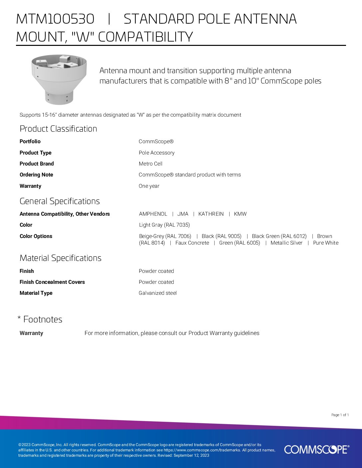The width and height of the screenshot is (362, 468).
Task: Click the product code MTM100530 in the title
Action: tap(55, 19)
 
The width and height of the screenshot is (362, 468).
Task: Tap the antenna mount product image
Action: tap(59, 79)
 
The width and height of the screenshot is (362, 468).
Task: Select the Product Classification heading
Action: tap(58, 129)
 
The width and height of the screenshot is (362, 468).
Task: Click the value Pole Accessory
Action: tap(156, 153)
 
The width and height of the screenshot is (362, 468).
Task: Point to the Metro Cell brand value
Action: tap(150, 164)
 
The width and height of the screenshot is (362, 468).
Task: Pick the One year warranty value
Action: tap(149, 186)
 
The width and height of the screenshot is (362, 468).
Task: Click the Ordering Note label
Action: tap(36, 175)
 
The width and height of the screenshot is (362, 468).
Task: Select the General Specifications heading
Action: tap(60, 201)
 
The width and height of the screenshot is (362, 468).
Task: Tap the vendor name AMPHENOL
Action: tap(153, 214)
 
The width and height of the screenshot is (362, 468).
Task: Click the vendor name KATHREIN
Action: tap(211, 214)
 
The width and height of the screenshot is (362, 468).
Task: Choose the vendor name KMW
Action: tap(240, 214)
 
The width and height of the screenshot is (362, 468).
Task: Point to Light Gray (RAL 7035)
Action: tap(164, 225)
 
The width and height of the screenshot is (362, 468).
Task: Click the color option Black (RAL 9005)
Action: tap(221, 236)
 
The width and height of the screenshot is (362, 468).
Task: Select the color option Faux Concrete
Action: tap(192, 243)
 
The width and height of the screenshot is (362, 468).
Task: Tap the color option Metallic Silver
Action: tap(286, 243)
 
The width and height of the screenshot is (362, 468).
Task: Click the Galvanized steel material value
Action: tap(157, 293)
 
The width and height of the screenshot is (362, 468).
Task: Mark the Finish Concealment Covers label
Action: tap(52, 282)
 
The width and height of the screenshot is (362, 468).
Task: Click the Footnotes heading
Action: tap(43, 319)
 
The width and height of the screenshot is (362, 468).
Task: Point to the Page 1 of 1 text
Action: tap(340, 415)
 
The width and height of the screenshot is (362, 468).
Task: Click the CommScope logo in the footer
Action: tap(316, 449)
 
